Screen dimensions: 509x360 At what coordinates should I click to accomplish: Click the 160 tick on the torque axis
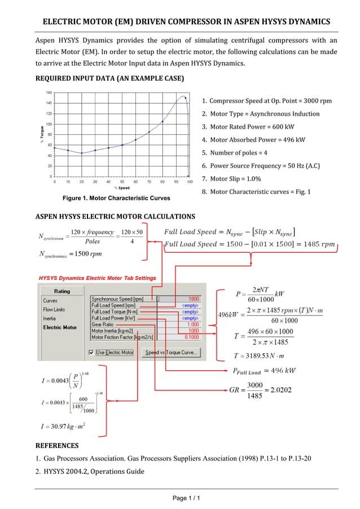click(x=49, y=92)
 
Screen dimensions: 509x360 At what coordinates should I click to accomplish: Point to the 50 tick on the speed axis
click(x=122, y=182)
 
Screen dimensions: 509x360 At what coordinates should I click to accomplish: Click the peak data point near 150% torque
click(x=185, y=97)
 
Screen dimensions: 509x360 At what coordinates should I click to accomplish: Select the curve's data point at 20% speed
click(x=82, y=153)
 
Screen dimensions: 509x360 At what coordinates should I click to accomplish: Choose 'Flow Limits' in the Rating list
click(x=54, y=309)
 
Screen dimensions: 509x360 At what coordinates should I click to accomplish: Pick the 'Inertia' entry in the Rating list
click(x=50, y=318)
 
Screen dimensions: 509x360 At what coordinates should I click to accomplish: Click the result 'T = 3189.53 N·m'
click(x=261, y=356)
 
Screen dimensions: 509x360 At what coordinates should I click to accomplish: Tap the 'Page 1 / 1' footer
click(x=179, y=498)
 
